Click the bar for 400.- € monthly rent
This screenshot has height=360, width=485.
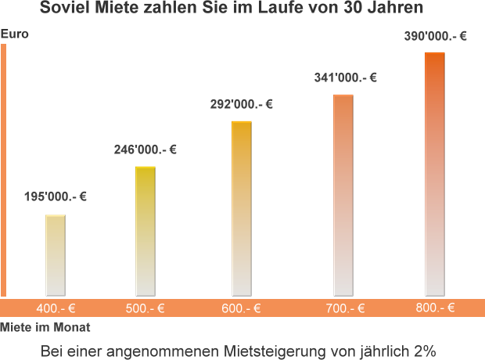55,255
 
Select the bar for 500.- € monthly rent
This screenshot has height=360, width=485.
145,231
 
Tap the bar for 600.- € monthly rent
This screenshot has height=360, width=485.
242,208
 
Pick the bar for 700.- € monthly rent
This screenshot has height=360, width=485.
343,195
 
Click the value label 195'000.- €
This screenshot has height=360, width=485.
55,197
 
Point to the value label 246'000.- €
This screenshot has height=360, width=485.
145,149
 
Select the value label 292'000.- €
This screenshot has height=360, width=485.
242,104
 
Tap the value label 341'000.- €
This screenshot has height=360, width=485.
345,77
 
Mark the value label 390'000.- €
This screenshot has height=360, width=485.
435,36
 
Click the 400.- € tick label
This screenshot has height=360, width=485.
56,308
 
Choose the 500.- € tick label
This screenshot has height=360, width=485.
145,308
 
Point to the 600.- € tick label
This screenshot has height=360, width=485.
241,308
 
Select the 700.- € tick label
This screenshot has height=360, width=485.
346,308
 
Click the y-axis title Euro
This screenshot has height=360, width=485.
15,34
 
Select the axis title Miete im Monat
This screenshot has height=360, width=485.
45,327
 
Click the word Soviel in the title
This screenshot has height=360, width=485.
63,9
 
